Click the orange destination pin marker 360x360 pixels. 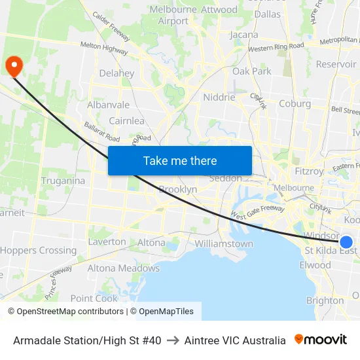click(x=13, y=65)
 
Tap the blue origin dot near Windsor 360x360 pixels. click(x=346, y=242)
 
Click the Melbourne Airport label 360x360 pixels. click(x=173, y=15)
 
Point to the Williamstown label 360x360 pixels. click(x=224, y=244)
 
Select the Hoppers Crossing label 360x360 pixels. click(x=38, y=251)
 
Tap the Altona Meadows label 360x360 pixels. click(x=123, y=268)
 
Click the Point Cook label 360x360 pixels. click(x=94, y=298)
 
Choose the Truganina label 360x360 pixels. click(x=63, y=181)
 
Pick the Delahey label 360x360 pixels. click(x=116, y=74)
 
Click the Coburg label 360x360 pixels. click(x=295, y=103)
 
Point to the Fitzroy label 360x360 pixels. click(x=309, y=171)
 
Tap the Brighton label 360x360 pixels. click(x=325, y=300)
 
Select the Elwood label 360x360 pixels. click(x=315, y=265)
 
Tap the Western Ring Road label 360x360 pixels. click(x=276, y=47)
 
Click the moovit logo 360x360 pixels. click(x=321, y=340)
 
